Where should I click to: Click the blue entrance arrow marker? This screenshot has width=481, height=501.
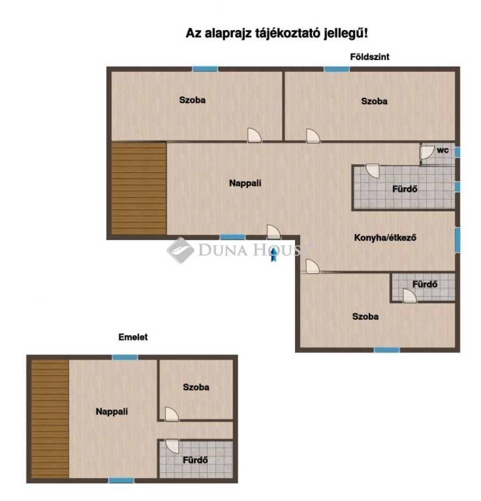pos(273,254)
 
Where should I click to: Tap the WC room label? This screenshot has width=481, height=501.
pos(442,150)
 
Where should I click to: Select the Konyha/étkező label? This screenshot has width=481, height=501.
pos(385,238)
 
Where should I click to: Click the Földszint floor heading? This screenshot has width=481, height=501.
pos(370,57)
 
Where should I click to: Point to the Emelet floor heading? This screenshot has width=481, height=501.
pos(133,337)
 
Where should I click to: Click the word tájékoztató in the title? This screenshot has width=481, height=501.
pos(287,33)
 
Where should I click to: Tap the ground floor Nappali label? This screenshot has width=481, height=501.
pos(245,183)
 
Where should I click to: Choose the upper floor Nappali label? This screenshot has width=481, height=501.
pos(111,411)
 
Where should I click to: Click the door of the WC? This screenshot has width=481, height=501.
pos(427,153)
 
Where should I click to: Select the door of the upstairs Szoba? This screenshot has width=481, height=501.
pos(171,414)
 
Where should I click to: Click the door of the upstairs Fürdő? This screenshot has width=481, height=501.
pos(172,447)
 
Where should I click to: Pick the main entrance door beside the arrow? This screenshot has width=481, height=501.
pos(273,231)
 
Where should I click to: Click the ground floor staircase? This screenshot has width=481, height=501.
pos(139,188)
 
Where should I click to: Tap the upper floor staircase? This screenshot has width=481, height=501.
pos(50,419)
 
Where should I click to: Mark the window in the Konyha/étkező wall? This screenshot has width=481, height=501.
pos(458,240)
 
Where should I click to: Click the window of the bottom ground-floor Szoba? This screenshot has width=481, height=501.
pos(387,350)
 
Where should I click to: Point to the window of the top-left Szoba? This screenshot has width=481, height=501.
pos(205,69)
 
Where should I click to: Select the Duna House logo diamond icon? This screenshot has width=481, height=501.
pos(180,250)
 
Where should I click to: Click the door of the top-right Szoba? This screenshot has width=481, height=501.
pos(313,136)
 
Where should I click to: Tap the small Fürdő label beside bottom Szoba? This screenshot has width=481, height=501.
pos(425,284)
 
